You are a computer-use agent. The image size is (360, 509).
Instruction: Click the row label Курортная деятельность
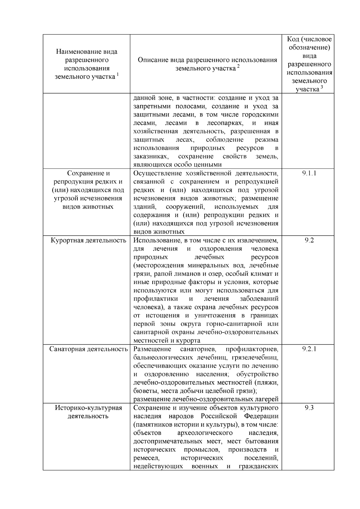(88, 240)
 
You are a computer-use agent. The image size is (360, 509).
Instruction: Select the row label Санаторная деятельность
(88, 349)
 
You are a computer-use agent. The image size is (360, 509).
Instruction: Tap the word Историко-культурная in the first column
(88, 408)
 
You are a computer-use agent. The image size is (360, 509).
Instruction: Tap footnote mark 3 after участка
(322, 87)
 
